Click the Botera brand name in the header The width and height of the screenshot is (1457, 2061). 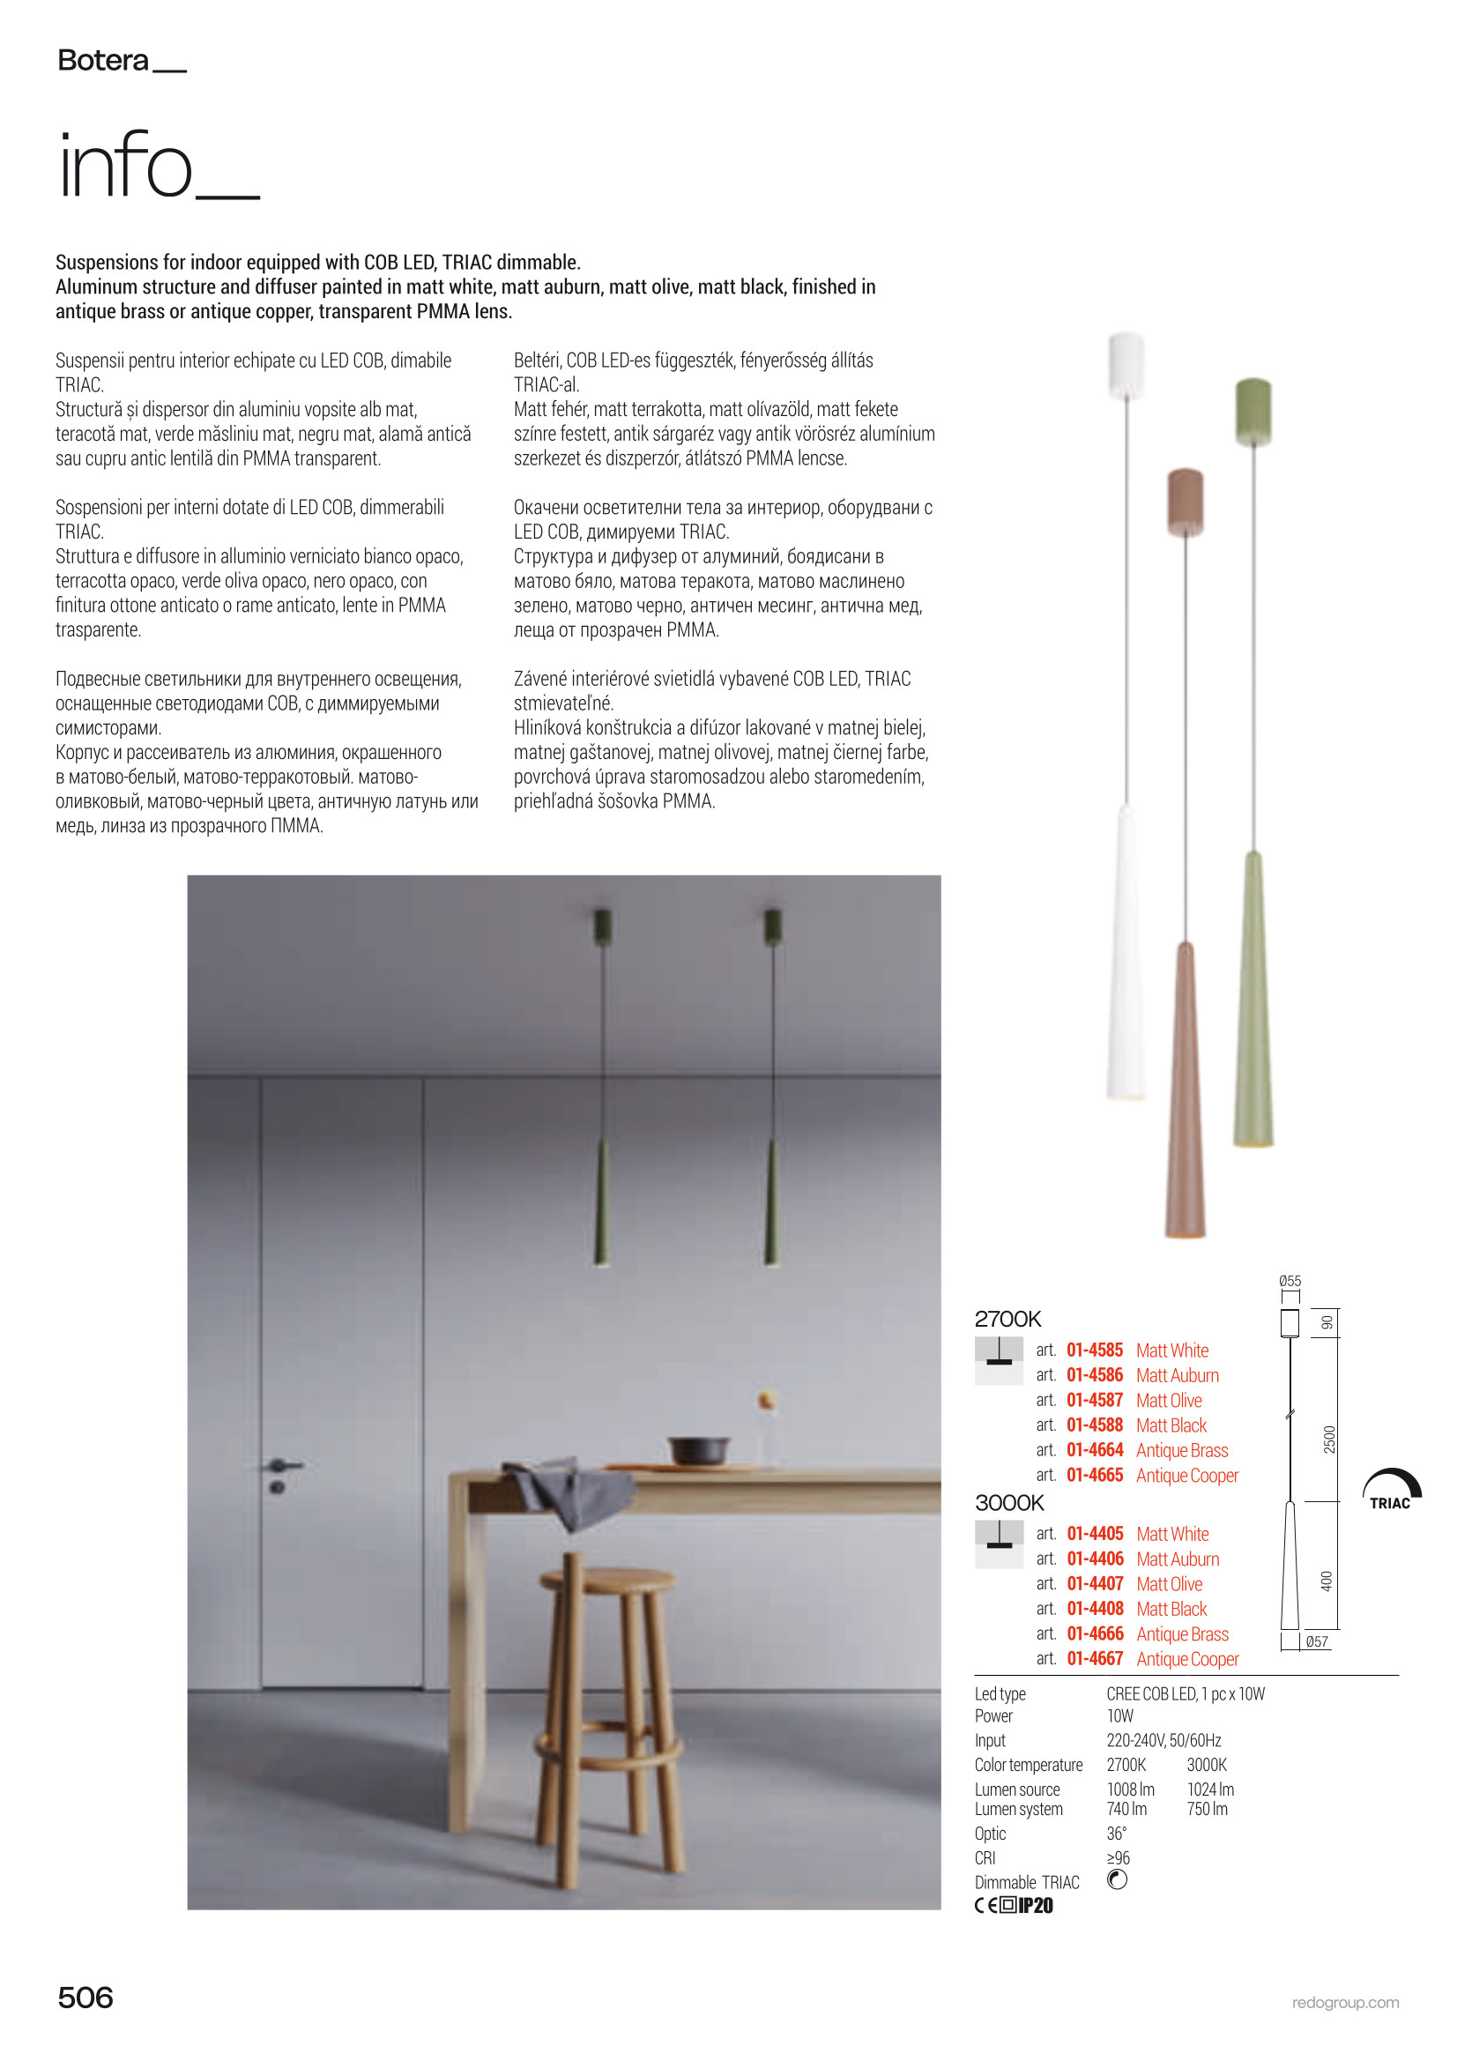[102, 61]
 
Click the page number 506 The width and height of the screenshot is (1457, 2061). [85, 1998]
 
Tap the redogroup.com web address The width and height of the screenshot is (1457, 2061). [1345, 2003]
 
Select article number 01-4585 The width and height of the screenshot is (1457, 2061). [1095, 1350]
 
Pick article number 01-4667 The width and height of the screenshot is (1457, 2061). [1095, 1659]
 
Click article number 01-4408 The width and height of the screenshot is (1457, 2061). [1095, 1609]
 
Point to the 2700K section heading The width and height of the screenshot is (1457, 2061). [1007, 1319]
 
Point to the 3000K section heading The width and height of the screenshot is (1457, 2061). [1009, 1503]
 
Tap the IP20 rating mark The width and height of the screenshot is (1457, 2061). [1036, 1906]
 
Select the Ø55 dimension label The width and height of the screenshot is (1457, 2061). [1290, 1281]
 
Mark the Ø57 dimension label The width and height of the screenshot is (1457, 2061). [1317, 1641]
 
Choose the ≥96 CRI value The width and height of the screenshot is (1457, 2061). [1118, 1858]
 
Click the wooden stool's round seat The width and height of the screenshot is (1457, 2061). [606, 1579]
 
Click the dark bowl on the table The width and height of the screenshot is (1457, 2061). [699, 1450]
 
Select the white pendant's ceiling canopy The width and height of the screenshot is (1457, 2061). [1126, 363]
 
